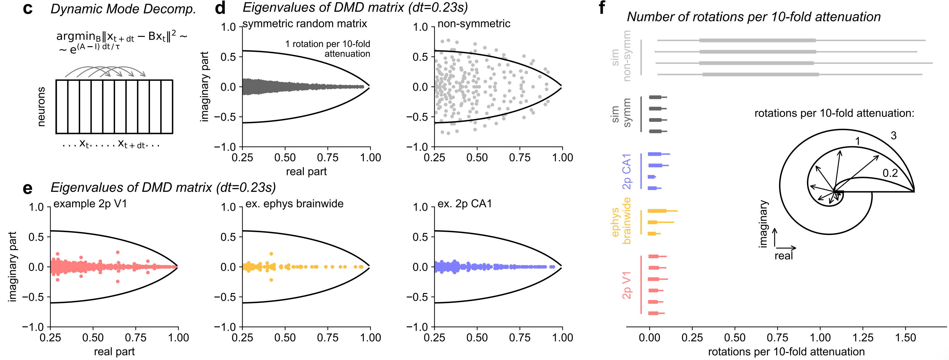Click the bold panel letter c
pos(28,9)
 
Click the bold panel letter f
pos(602,7)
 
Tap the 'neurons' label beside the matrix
pos(41,107)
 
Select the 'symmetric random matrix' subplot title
pos(305,24)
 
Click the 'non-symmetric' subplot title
pos(474,24)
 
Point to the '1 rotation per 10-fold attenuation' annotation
pos(328,49)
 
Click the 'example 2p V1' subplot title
pos(90,204)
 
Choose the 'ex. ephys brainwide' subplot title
pos(294,204)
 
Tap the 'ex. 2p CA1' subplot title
pos(464,204)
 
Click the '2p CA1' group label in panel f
pos(627,171)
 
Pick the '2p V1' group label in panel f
pos(627,285)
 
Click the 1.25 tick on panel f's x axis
pos(863,338)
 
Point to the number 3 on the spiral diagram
pos(893,136)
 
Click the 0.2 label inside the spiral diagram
pos(890,173)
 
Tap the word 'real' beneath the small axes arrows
pos(784,256)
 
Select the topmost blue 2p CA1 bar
pos(655,154)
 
